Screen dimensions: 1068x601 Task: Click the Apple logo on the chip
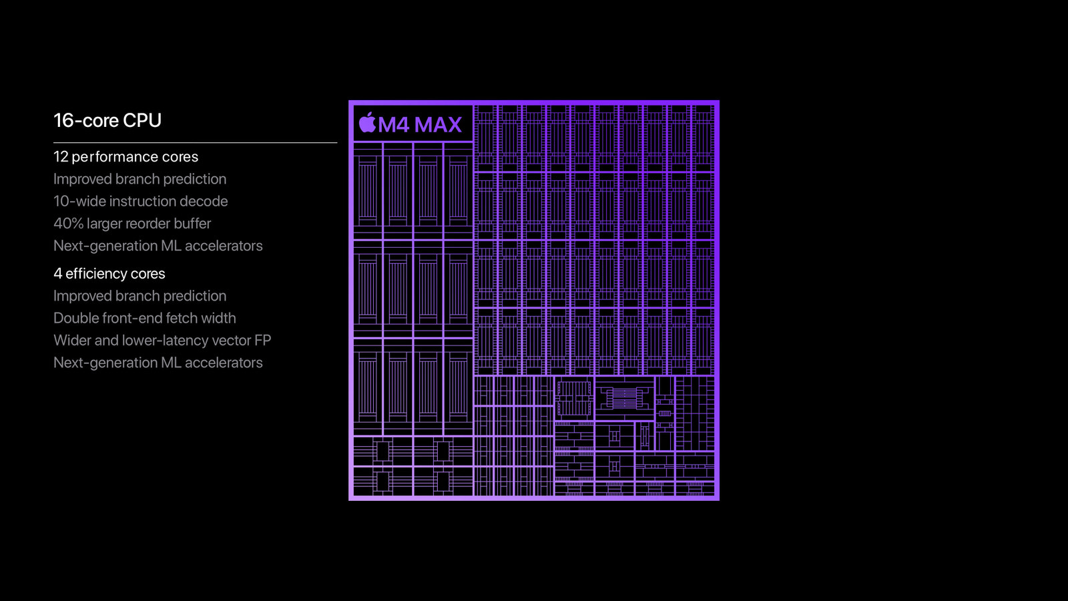[x=367, y=123]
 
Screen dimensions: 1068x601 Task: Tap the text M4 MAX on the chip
[x=420, y=125]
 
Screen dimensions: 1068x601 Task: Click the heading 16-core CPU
[x=107, y=120]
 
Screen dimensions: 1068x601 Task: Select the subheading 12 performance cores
[x=126, y=157]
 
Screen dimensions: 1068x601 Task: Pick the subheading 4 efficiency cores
[x=109, y=273]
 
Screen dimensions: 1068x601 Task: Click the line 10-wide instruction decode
[x=141, y=201]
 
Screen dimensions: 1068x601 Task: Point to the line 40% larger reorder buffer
[x=132, y=223]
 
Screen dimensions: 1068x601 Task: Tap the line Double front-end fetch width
[x=144, y=318]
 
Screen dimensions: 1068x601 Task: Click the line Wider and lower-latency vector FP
[x=162, y=340]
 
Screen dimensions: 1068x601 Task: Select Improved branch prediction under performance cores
[x=140, y=179]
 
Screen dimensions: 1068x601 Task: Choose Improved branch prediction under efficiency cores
[x=140, y=296]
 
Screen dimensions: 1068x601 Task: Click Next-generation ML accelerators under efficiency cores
[x=158, y=363]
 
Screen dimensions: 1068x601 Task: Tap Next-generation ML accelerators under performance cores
[x=158, y=246]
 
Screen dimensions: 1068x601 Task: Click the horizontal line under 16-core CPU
[x=196, y=142]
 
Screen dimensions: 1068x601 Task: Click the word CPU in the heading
[x=142, y=120]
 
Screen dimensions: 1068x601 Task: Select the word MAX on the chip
[x=438, y=125]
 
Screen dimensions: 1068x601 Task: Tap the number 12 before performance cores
[x=61, y=156]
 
